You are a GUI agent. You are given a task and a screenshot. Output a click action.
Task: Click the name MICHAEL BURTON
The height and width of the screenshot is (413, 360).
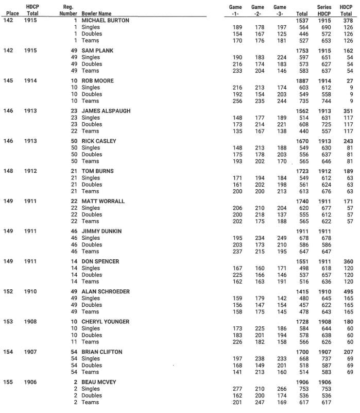[105, 20]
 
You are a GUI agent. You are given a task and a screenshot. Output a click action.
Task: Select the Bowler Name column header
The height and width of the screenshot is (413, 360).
[96, 13]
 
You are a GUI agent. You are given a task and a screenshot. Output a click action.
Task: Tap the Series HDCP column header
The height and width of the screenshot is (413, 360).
[324, 10]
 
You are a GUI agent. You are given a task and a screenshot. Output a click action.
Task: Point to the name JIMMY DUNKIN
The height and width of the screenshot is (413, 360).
[101, 232]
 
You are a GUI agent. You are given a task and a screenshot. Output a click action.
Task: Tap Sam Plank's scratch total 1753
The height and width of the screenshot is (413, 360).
[302, 51]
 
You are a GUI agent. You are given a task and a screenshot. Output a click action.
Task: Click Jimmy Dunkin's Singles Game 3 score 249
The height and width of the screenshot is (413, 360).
[281, 238]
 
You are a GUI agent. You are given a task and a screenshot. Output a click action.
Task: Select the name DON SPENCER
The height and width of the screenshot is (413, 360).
[100, 261]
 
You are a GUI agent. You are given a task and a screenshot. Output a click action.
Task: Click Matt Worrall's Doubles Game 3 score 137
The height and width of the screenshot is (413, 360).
[281, 214]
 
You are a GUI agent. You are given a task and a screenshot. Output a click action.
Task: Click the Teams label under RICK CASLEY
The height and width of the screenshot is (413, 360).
[90, 161]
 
